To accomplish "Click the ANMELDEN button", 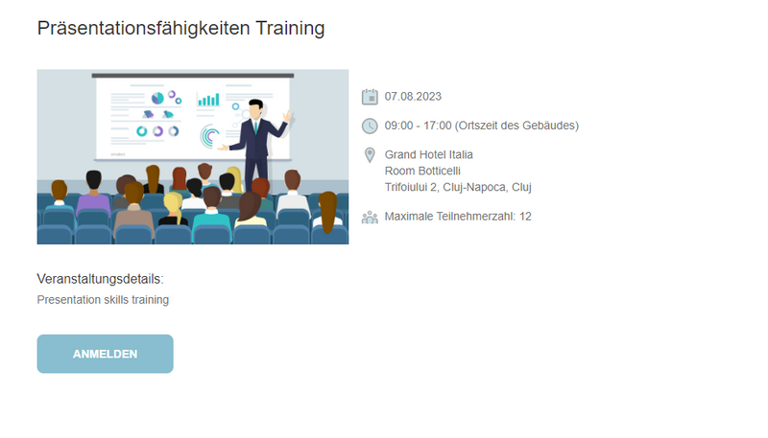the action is [105, 354].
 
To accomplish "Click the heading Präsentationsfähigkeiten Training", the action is [180, 29].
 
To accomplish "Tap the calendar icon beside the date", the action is [370, 97].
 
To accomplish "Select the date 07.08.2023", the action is [413, 96].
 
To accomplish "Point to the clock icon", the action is [370, 126].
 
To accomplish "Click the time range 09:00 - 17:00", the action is [418, 126].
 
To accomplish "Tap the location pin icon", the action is [370, 155].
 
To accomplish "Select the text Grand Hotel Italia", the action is [428, 154].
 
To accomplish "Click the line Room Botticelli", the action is [422, 171].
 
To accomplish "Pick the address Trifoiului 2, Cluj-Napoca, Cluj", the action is [458, 187].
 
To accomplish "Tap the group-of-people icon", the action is [370, 217].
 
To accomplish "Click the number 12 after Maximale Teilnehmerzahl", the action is [525, 216].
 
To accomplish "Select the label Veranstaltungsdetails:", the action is [101, 279].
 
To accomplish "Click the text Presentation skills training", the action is [103, 300].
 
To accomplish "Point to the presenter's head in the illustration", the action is [255, 109].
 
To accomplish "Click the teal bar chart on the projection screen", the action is [208, 100].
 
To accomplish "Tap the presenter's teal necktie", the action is [255, 127].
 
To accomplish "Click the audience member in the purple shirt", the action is [93, 193].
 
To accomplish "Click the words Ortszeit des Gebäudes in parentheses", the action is [516, 126].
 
